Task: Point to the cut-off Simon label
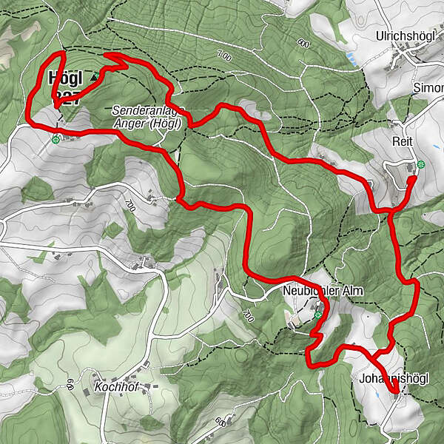click(x=428, y=87)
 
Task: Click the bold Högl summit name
click(x=65, y=77)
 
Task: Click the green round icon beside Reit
click(x=421, y=164)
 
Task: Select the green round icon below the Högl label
click(x=55, y=138)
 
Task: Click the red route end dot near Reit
click(x=412, y=178)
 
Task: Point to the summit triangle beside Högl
click(x=94, y=76)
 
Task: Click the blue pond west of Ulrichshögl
click(x=350, y=56)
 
